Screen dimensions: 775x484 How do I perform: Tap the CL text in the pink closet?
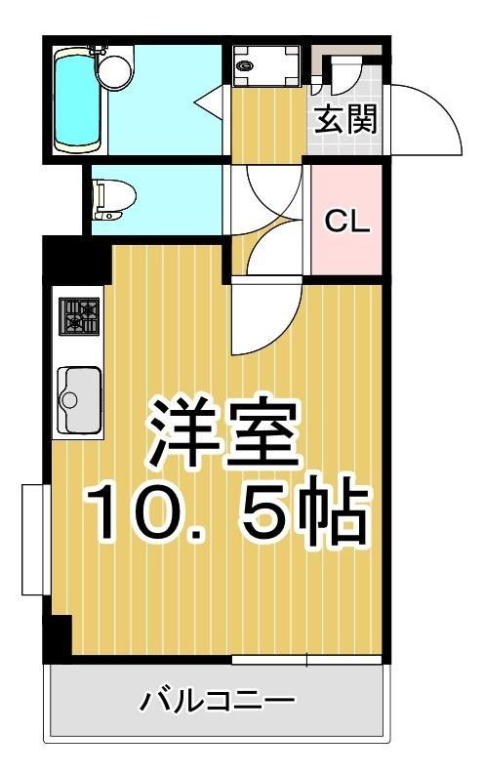(346, 223)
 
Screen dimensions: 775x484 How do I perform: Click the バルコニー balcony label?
(217, 701)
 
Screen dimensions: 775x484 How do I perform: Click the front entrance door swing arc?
(426, 117)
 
